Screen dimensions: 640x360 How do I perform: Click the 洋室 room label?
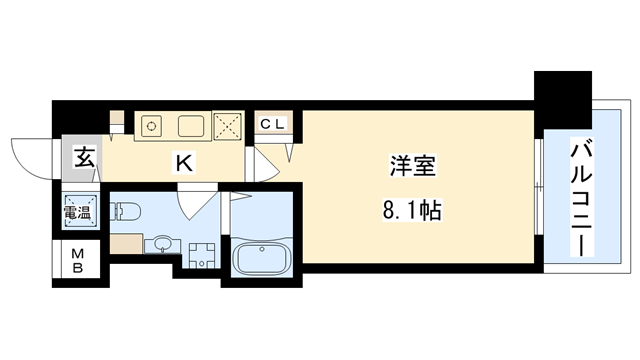click(413, 166)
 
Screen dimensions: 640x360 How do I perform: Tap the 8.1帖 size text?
click(412, 211)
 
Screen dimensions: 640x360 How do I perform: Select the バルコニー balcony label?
click(581, 198)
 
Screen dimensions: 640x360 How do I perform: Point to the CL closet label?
click(272, 124)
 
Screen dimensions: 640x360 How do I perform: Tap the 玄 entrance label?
click(84, 158)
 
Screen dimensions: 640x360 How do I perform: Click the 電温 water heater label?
click(77, 212)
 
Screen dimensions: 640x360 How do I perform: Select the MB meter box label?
click(78, 261)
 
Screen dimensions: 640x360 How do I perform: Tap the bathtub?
click(262, 258)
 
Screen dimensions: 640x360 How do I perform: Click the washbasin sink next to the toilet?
click(162, 244)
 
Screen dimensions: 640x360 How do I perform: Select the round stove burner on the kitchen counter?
click(151, 125)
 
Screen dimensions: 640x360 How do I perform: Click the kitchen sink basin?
click(191, 126)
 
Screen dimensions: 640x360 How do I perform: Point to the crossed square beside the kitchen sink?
click(227, 127)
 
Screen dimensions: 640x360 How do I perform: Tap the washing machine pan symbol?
click(202, 256)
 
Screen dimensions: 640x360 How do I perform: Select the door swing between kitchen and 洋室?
click(265, 164)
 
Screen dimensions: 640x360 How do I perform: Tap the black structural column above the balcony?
click(563, 100)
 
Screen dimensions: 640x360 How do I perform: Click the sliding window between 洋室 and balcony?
click(538, 187)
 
